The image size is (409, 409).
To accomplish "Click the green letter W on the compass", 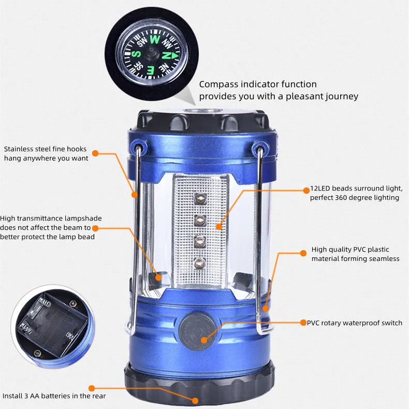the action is (x=155, y=40).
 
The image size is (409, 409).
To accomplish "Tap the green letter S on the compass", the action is (x=136, y=54).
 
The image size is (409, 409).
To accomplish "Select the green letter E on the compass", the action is (x=151, y=70).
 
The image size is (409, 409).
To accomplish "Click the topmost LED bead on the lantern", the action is (x=200, y=199).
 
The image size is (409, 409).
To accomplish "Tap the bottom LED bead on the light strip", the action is (x=200, y=263).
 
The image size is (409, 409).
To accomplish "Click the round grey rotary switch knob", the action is (x=197, y=331).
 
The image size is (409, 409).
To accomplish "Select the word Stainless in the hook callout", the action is (x=19, y=149).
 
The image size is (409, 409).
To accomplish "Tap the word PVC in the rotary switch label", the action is (x=313, y=323).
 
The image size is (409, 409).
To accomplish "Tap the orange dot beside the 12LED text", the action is (x=306, y=191).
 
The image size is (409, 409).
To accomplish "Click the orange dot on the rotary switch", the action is (x=204, y=340).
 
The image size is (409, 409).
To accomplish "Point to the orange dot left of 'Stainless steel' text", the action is (x=95, y=153).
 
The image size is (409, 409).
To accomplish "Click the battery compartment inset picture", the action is (x=53, y=326).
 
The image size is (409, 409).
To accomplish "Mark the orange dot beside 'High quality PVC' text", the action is (x=303, y=253).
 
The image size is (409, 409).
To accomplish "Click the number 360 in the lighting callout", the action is (x=342, y=197).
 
